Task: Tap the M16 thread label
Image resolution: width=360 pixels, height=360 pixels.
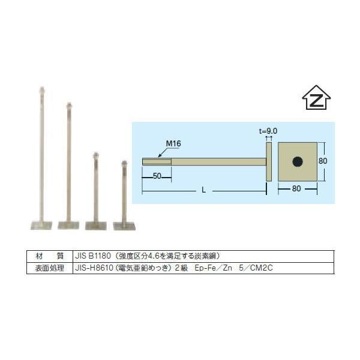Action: click(x=173, y=145)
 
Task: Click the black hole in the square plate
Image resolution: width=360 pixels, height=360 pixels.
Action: click(x=296, y=161)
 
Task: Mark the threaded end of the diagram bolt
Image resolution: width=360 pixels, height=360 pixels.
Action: click(x=157, y=161)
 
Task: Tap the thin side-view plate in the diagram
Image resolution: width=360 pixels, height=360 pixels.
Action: click(x=268, y=161)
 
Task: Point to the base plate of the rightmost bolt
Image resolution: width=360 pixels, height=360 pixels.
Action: click(x=124, y=226)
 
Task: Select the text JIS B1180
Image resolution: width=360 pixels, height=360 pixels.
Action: click(x=90, y=255)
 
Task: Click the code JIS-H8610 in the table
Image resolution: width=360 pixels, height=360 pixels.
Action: click(x=94, y=267)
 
